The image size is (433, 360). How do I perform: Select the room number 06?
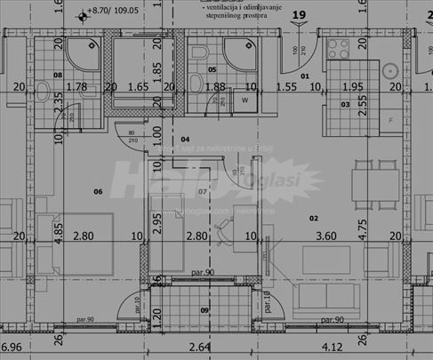point(98,191)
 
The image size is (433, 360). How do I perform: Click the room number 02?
point(313,217)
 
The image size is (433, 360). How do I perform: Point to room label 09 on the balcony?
point(204,309)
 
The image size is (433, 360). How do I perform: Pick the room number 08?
point(57,75)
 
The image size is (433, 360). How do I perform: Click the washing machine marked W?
point(245,100)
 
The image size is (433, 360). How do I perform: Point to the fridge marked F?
point(389,120)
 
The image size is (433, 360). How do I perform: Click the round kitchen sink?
point(389,70)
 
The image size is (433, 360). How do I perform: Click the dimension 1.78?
point(76,87)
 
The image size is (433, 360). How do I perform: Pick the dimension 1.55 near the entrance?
point(285,87)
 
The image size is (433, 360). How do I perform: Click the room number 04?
point(186,140)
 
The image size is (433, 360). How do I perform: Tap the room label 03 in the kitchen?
point(345,104)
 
